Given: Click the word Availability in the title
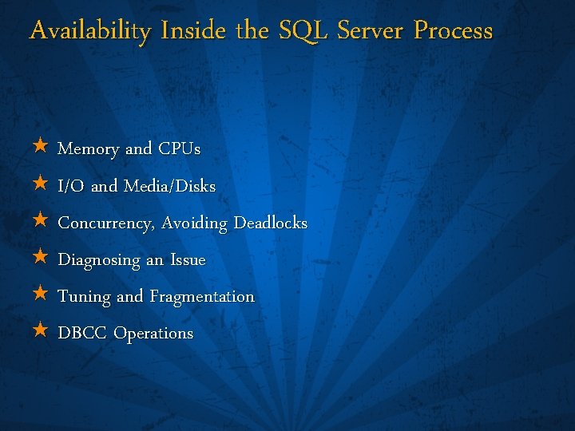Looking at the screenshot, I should coord(89,31).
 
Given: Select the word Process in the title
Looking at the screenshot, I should coord(453,31).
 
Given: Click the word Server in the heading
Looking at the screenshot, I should coord(371,31).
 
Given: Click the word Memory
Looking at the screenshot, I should coord(89,149).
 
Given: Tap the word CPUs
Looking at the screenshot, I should coord(179,149).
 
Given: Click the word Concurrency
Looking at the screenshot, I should coord(106,223).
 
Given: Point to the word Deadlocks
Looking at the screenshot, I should coord(270,223).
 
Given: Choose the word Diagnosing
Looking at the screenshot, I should coord(97,260).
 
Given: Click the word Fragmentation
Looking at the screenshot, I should coord(202,297).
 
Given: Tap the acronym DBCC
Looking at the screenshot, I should coord(82,333).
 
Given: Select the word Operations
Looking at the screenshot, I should coord(153,334).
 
